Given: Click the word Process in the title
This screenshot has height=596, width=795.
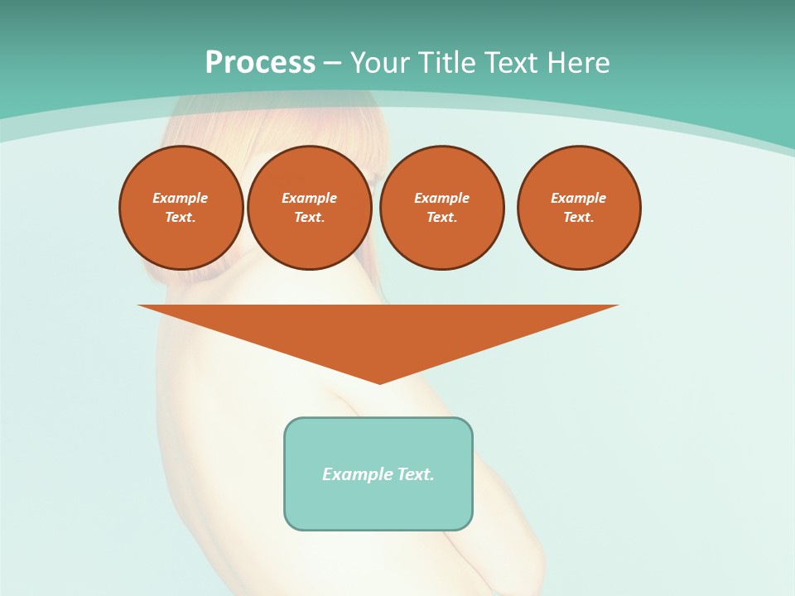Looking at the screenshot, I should pyautogui.click(x=260, y=63).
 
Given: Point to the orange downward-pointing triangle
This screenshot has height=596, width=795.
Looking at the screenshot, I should pyautogui.click(x=378, y=331).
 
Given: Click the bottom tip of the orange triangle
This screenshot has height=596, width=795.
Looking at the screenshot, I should pyautogui.click(x=379, y=382).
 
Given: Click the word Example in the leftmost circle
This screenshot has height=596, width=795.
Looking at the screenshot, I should pyautogui.click(x=181, y=198).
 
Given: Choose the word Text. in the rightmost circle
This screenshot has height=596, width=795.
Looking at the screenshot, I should pyautogui.click(x=579, y=217).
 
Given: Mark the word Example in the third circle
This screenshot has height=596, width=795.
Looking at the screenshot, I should pyautogui.click(x=442, y=198).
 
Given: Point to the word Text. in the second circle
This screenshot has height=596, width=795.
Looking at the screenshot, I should pyautogui.click(x=310, y=217).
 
